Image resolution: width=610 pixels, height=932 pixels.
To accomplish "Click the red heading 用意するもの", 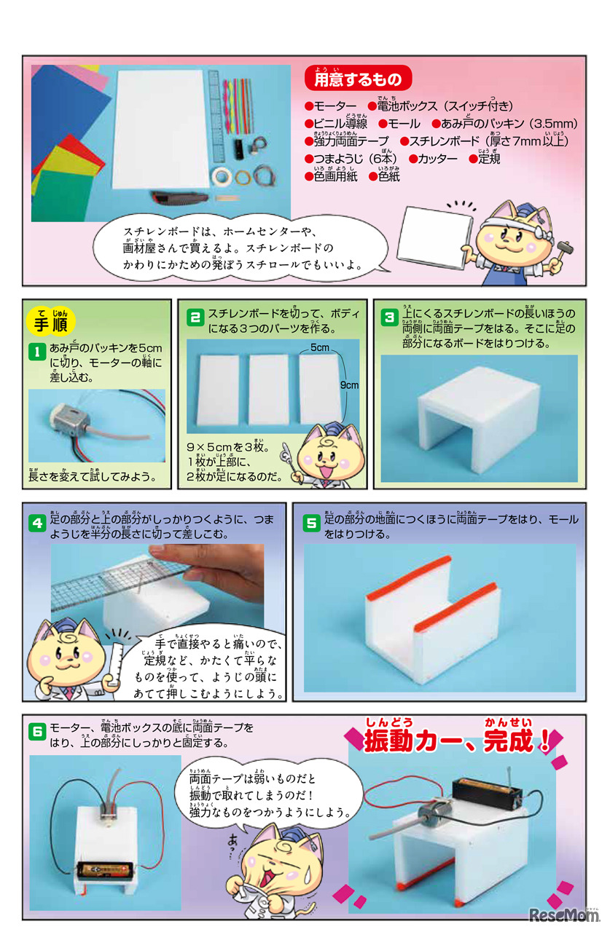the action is coord(358,78).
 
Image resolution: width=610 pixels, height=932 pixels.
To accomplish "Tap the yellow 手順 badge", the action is coord(50,322).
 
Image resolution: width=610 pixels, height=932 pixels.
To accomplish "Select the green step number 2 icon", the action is coord(195,317).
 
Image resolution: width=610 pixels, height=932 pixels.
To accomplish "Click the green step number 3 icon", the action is coord(389,317).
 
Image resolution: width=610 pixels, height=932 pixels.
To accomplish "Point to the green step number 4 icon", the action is coord(37,523).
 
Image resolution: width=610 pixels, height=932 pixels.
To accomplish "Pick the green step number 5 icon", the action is coord(311,523).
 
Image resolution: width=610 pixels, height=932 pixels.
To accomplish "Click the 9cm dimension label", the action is coord(349,385).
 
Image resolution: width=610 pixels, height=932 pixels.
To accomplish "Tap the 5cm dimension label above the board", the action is coord(320,347).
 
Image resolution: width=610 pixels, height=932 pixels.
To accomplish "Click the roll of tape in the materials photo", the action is coord(222,176).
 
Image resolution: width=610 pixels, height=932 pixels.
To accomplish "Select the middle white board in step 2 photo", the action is coord(269,389).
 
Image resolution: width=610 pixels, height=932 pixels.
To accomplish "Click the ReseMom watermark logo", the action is coord(564,915).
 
